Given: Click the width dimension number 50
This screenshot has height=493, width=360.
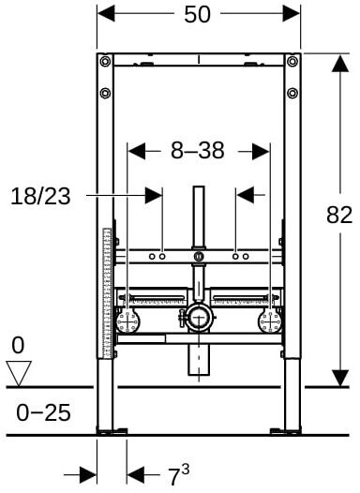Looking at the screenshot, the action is point(197,14).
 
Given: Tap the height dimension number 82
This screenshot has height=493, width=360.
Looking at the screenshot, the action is point(339,215).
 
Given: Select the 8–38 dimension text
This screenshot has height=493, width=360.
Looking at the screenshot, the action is point(198,150).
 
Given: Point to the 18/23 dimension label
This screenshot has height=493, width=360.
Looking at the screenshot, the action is point(40,196).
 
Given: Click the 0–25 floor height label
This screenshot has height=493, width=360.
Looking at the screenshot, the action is point(43,412).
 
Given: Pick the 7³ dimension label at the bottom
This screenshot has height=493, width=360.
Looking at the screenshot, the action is point(179,475).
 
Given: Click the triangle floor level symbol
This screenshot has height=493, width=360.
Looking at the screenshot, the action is point(19,374).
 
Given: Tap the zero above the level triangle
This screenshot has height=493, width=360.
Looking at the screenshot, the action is point(18,345).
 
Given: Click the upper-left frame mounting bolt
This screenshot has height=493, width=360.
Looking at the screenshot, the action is point(105,61).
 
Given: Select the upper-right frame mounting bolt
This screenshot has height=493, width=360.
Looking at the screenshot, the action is point(292,61).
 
